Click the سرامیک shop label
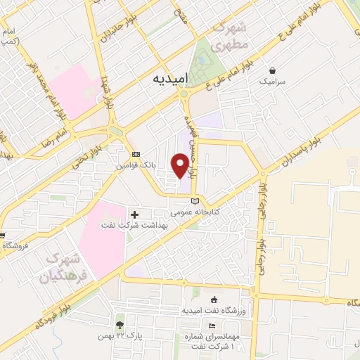273,82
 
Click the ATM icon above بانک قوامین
136,155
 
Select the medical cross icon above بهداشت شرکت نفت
134,214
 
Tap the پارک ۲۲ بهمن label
120,336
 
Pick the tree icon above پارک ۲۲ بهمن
120,325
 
